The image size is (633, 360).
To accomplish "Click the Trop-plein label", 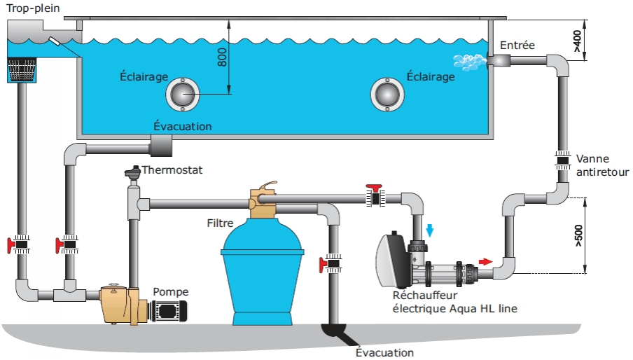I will click(32, 9).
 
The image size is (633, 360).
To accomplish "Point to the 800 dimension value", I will click(222, 57).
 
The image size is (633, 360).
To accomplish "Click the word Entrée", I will click(517, 46).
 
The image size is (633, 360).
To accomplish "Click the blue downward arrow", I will click(430, 228).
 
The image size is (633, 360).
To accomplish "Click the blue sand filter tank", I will click(262, 273).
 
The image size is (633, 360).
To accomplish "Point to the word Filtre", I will click(220, 223).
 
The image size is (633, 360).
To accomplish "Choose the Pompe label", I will click(171, 292).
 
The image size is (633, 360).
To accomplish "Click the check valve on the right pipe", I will click(563, 160).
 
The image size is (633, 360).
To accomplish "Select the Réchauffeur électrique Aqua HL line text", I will click(454, 301).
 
